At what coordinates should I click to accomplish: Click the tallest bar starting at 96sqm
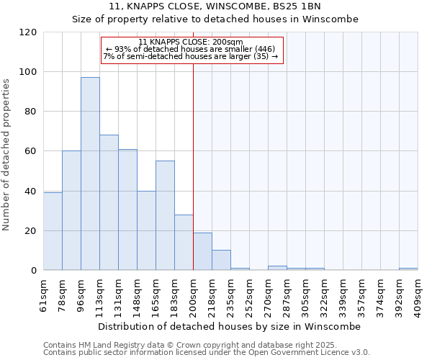90,174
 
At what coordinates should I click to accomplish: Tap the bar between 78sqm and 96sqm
71,210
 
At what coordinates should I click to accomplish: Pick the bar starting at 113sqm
109,202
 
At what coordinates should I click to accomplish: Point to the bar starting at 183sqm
184,242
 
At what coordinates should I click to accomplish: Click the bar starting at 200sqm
202,251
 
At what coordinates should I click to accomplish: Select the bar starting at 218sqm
221,260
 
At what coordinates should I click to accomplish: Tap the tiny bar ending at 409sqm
408,269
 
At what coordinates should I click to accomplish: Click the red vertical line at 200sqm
193,166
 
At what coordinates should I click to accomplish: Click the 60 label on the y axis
31,151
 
